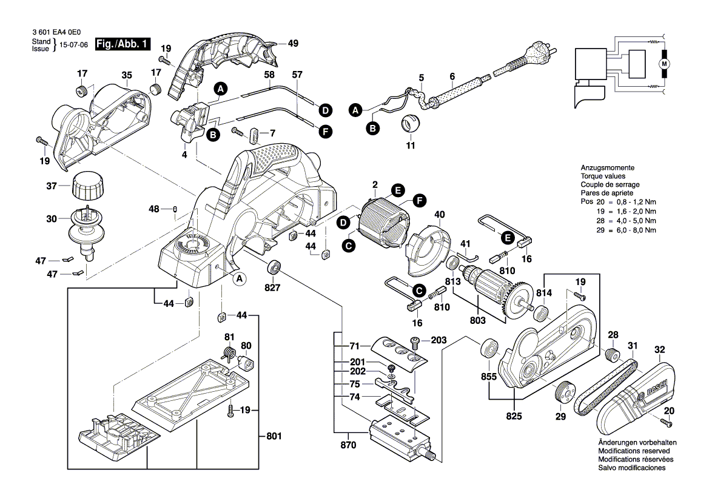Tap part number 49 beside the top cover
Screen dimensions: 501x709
pos(293,44)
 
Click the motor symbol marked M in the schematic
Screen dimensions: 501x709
pos(664,64)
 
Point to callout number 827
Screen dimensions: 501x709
pos(273,288)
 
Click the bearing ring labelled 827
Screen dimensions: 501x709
pos(275,267)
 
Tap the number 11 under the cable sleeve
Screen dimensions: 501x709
pos(411,146)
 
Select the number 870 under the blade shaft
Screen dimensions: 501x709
pos(348,445)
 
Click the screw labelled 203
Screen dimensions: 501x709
pos(416,343)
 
